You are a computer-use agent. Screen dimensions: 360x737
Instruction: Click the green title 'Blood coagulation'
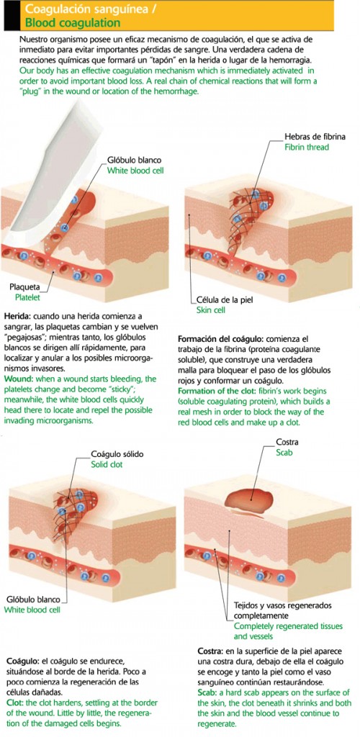point(72,22)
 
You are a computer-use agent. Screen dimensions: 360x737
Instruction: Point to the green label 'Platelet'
point(28,297)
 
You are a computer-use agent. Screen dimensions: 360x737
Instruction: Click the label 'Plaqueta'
point(25,286)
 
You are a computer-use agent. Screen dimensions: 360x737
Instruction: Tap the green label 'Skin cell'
point(211,309)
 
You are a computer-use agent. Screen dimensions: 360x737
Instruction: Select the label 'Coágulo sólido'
point(117,454)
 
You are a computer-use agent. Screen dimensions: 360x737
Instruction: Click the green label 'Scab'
point(284,452)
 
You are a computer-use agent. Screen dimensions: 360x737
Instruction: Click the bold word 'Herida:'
point(18,317)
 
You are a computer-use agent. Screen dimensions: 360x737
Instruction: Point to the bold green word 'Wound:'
point(18,379)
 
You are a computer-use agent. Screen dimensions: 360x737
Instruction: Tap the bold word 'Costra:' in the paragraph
point(212,652)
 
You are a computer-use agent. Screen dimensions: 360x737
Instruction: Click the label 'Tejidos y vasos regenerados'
point(280,606)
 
